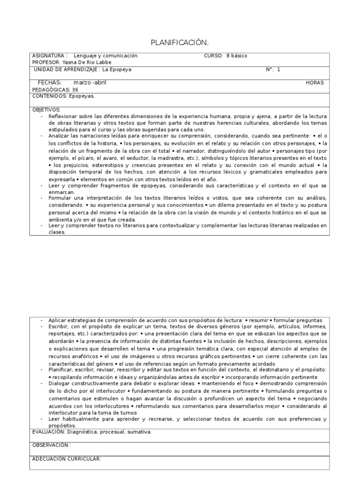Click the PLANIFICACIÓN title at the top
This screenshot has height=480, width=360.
pos(179,43)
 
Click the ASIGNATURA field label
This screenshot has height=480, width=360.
pos(49,56)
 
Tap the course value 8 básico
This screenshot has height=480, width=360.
pos(237,56)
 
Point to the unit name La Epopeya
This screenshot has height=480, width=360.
pos(117,69)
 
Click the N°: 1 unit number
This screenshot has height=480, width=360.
pos(273,69)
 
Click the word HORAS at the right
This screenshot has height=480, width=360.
pos(315,83)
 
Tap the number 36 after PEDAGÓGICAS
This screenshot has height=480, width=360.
pos(75,90)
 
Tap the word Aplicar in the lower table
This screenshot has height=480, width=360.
pos(58,319)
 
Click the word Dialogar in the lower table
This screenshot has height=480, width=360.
pos(59,383)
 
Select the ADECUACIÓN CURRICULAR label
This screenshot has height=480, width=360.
pos(67,458)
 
